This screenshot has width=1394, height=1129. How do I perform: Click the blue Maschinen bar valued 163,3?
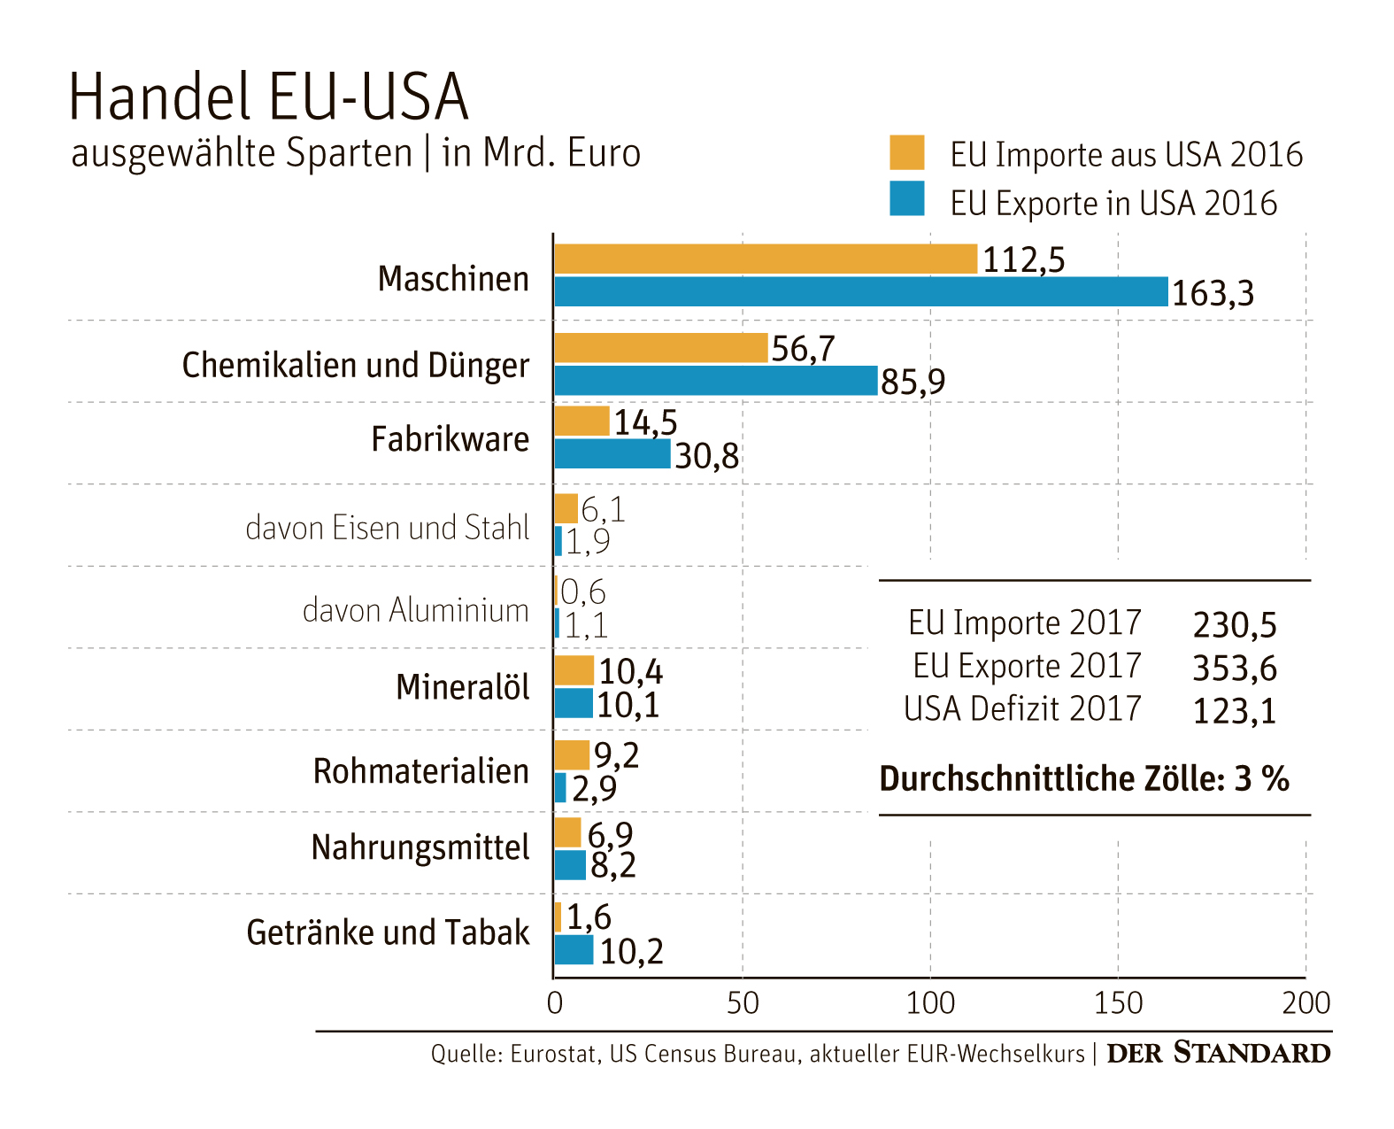click(860, 291)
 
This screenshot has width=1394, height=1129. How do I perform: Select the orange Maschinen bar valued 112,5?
click(766, 259)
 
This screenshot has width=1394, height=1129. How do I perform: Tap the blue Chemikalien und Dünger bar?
click(715, 381)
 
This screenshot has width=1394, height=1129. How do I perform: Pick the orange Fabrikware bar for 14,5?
click(581, 421)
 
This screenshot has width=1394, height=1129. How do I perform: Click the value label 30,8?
click(706, 456)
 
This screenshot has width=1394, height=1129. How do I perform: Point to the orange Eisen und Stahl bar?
click(566, 508)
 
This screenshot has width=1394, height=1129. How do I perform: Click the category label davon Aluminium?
click(415, 610)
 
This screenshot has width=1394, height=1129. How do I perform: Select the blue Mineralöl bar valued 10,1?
click(574, 704)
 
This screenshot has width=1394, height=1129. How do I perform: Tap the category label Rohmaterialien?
click(420, 771)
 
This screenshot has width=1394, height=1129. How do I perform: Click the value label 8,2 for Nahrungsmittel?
click(612, 865)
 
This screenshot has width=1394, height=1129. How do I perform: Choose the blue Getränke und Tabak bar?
click(574, 950)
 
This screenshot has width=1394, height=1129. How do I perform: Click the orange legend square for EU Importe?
click(906, 152)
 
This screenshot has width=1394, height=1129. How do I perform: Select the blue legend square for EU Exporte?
click(906, 199)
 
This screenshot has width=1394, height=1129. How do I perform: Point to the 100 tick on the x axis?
click(930, 1003)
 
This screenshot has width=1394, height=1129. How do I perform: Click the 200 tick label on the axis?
click(1305, 1003)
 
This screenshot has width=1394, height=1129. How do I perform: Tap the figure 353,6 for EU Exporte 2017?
click(1234, 669)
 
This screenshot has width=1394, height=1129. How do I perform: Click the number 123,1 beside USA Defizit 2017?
click(1234, 711)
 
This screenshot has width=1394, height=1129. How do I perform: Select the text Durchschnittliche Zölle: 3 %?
click(1083, 779)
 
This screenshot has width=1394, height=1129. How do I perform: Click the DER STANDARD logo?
click(1218, 1053)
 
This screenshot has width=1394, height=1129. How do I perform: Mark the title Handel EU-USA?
click(268, 97)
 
